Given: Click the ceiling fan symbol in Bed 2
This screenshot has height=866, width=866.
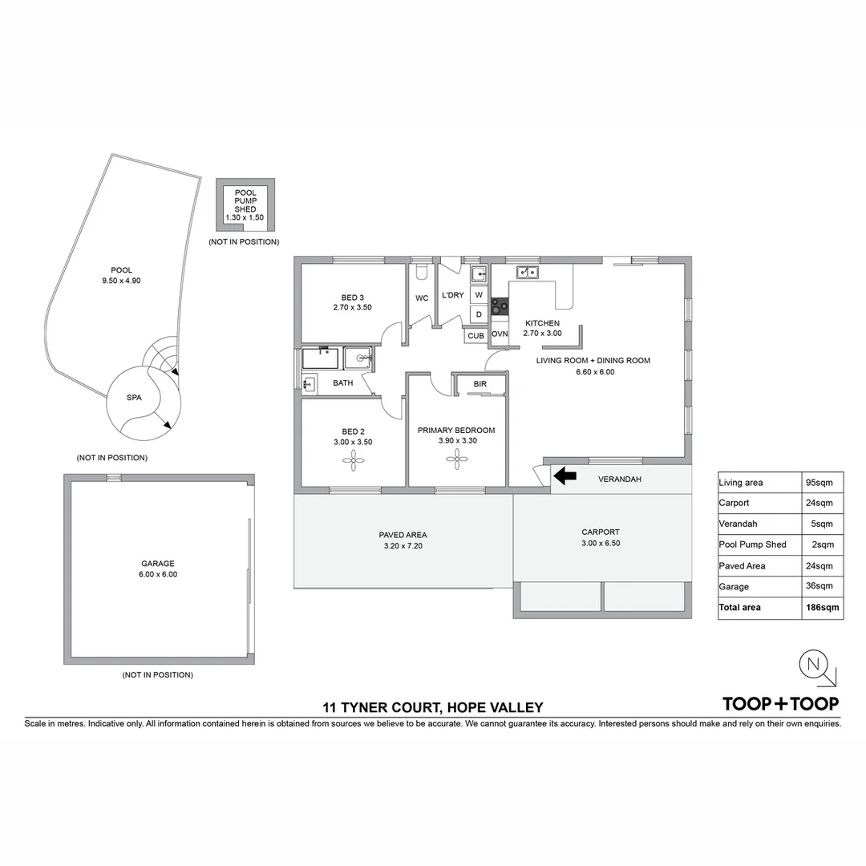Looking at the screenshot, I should point(353,459).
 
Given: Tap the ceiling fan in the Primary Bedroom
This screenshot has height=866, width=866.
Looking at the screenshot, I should point(457,459).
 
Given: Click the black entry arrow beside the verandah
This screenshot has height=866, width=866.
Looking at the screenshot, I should point(565,476).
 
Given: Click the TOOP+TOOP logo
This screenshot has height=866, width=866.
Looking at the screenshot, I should point(780,704).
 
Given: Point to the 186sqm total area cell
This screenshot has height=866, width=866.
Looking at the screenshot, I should point(823,608).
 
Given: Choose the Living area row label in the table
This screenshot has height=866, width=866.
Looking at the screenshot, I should point(741,483).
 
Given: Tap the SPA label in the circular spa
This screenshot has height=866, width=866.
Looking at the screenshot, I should point(134,398).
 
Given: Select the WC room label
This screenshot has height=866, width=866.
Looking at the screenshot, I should point(422,298).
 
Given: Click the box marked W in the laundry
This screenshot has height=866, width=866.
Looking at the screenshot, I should point(479,295).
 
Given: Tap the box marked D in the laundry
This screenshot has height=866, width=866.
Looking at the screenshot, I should point(479,314).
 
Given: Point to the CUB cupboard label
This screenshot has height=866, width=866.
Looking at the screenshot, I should point(475,335).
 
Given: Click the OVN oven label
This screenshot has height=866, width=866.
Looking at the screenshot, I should point(500,334).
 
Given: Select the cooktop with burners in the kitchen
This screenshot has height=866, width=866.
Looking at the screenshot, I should point(500,306).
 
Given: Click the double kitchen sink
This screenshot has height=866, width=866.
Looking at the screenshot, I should point(527,273).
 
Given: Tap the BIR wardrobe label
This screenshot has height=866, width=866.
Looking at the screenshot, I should point(480,385).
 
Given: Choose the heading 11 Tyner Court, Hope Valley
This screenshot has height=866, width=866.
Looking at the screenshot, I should point(433,707).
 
